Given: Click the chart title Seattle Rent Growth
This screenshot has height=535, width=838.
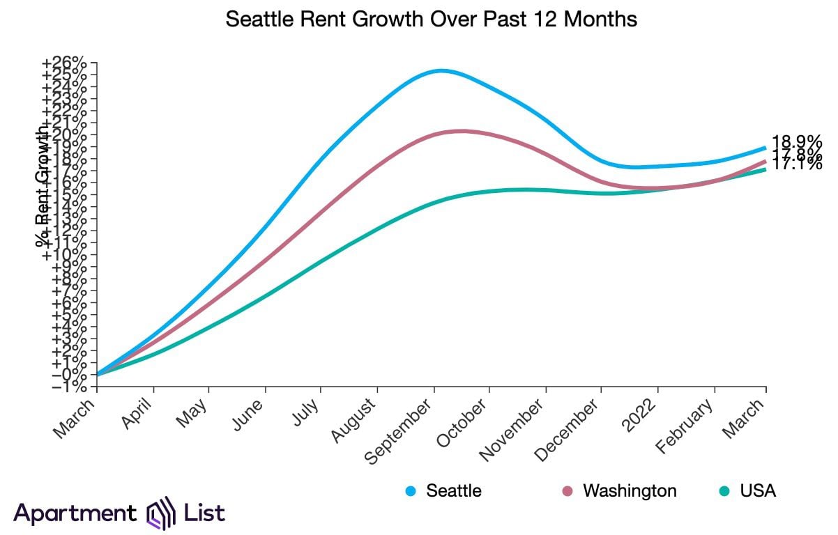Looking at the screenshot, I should click(x=432, y=20).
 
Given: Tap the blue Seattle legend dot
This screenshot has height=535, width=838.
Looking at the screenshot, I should click(x=411, y=491).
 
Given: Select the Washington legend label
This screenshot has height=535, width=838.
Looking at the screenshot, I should click(x=630, y=490).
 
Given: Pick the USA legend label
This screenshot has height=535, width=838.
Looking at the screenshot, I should click(x=758, y=490).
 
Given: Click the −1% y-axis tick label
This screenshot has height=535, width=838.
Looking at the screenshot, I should click(x=68, y=387).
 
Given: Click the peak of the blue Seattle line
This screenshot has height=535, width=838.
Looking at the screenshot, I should click(x=441, y=70).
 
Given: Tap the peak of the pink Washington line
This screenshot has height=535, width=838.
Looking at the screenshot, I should click(x=460, y=131).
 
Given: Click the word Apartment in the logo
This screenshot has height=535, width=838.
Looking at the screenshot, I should click(x=75, y=514).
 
